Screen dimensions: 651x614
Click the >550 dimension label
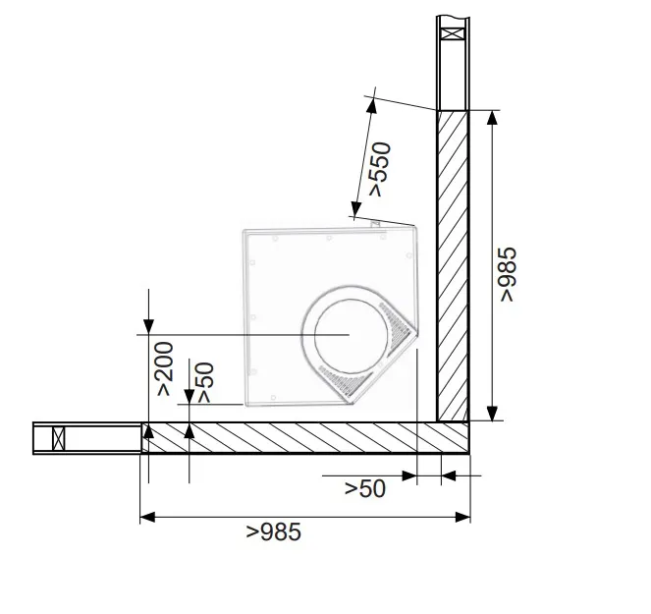click(x=380, y=169)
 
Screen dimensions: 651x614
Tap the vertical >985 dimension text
click(x=508, y=274)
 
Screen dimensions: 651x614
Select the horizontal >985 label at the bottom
click(x=274, y=532)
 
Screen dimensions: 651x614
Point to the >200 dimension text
click(x=164, y=368)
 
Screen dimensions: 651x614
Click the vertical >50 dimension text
click(x=205, y=382)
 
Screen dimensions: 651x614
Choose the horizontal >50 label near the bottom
click(x=365, y=488)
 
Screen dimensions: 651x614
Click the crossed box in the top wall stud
click(x=452, y=33)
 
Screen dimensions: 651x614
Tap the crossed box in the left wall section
click(x=59, y=438)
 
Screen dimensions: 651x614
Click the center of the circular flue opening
click(x=351, y=336)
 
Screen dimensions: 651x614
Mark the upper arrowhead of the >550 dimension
click(x=371, y=105)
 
